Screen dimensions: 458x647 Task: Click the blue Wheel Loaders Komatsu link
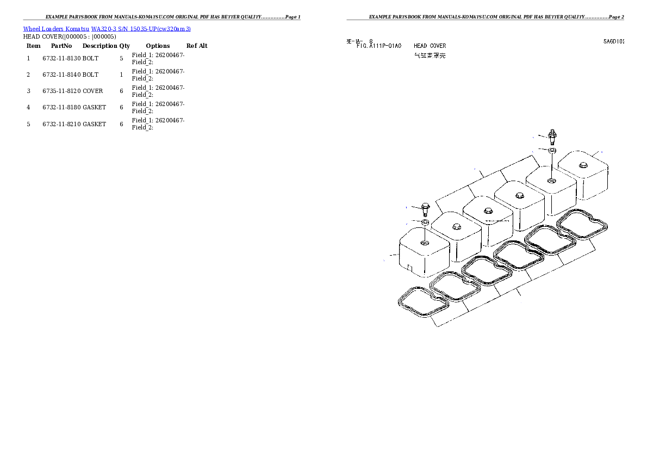point(107,29)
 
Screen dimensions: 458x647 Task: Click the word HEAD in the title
point(420,46)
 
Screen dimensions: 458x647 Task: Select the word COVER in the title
point(438,46)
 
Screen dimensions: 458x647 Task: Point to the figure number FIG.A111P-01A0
point(379,46)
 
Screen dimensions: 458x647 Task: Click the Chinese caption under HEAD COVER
point(430,55)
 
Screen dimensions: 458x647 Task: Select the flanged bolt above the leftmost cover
point(425,208)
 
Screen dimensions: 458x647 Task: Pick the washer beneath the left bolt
point(425,222)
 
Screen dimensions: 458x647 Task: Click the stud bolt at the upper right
point(552,134)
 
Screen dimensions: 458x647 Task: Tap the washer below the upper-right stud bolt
point(552,150)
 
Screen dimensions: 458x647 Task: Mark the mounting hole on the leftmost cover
point(425,241)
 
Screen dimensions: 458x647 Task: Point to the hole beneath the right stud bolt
point(552,181)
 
